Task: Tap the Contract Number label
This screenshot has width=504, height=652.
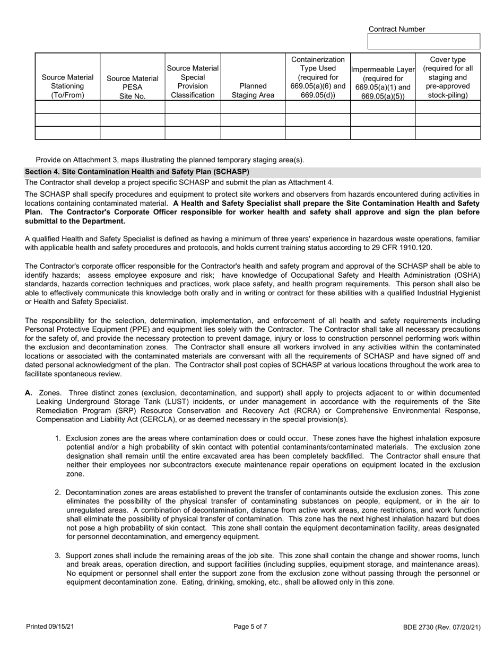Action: [396, 29]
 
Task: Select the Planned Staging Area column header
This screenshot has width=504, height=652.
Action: [253, 90]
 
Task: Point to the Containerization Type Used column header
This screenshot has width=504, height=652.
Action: [318, 77]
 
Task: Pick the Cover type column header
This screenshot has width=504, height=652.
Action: [448, 77]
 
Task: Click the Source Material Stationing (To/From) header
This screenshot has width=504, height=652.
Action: [67, 86]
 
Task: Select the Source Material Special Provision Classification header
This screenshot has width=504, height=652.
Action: [193, 82]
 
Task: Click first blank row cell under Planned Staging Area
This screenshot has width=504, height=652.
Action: [253, 107]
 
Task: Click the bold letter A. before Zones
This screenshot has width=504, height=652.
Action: [29, 393]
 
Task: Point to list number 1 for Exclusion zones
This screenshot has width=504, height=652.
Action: [58, 439]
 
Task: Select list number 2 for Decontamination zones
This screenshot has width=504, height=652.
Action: [58, 492]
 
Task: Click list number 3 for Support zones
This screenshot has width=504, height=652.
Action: [58, 556]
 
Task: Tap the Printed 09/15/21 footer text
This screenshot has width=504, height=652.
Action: [50, 627]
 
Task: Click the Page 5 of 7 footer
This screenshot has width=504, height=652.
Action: [250, 627]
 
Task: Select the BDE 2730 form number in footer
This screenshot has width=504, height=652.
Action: [441, 628]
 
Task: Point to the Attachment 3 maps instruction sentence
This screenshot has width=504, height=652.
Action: [170, 160]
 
